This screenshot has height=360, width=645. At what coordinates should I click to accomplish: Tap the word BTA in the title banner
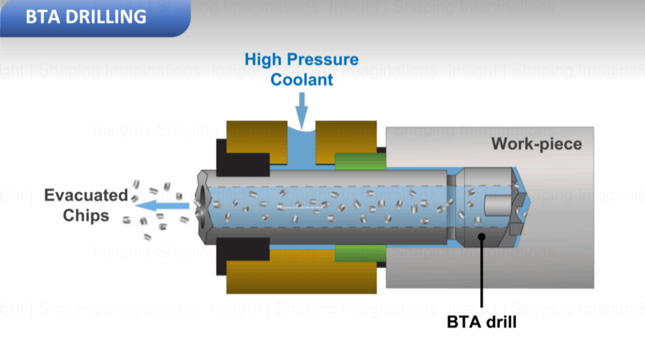coord(43,17)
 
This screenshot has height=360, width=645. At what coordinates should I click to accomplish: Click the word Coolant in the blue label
coord(302,79)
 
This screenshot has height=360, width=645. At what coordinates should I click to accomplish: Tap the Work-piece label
coord(536,143)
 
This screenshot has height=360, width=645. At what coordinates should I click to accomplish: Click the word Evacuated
coord(86,195)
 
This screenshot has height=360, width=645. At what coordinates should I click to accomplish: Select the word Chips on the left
coord(86,216)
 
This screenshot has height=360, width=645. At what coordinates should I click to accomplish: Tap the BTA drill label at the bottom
coord(481,321)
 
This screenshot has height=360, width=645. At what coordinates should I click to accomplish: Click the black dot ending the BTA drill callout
coord(481,236)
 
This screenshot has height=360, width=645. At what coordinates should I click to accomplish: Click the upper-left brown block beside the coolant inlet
coord(256,136)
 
